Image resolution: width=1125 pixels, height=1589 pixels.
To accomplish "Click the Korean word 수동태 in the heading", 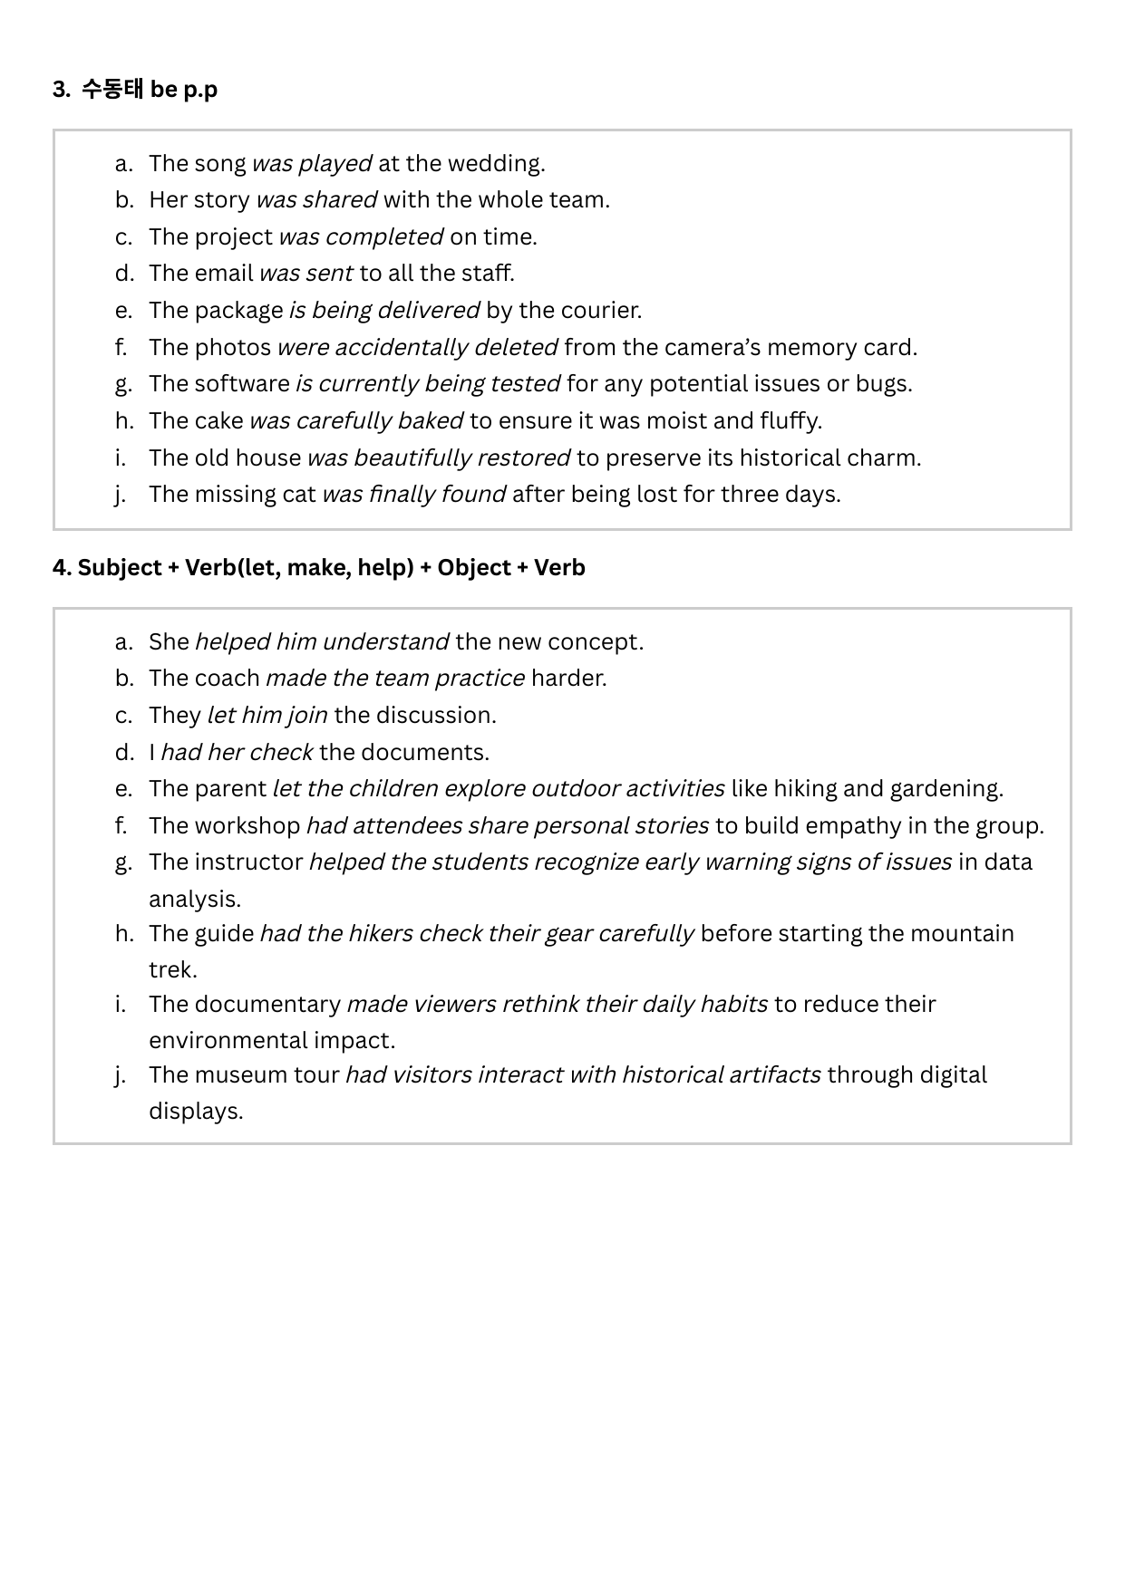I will click(x=112, y=89).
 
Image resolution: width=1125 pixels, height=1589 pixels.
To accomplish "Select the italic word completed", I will click(x=384, y=236).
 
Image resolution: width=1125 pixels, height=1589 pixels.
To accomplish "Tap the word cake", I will click(x=219, y=420).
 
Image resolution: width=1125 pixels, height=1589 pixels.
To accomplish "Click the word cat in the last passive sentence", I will click(x=299, y=494).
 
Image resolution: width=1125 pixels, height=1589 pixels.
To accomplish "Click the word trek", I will click(x=172, y=969).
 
